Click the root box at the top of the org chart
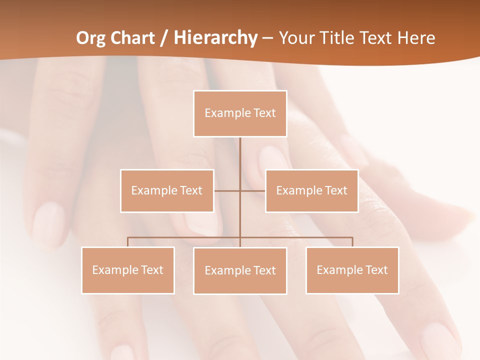click(240, 113)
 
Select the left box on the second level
click(167, 190)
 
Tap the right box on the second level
click(311, 190)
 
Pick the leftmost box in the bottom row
click(128, 270)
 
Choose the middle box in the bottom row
click(240, 270)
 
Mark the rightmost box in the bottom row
click(352, 270)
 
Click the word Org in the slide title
click(92, 38)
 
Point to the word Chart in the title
click(133, 38)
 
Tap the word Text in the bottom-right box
click(376, 270)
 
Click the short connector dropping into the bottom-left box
click(128, 242)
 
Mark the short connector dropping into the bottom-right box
click(352, 242)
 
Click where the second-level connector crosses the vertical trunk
click(240, 190)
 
